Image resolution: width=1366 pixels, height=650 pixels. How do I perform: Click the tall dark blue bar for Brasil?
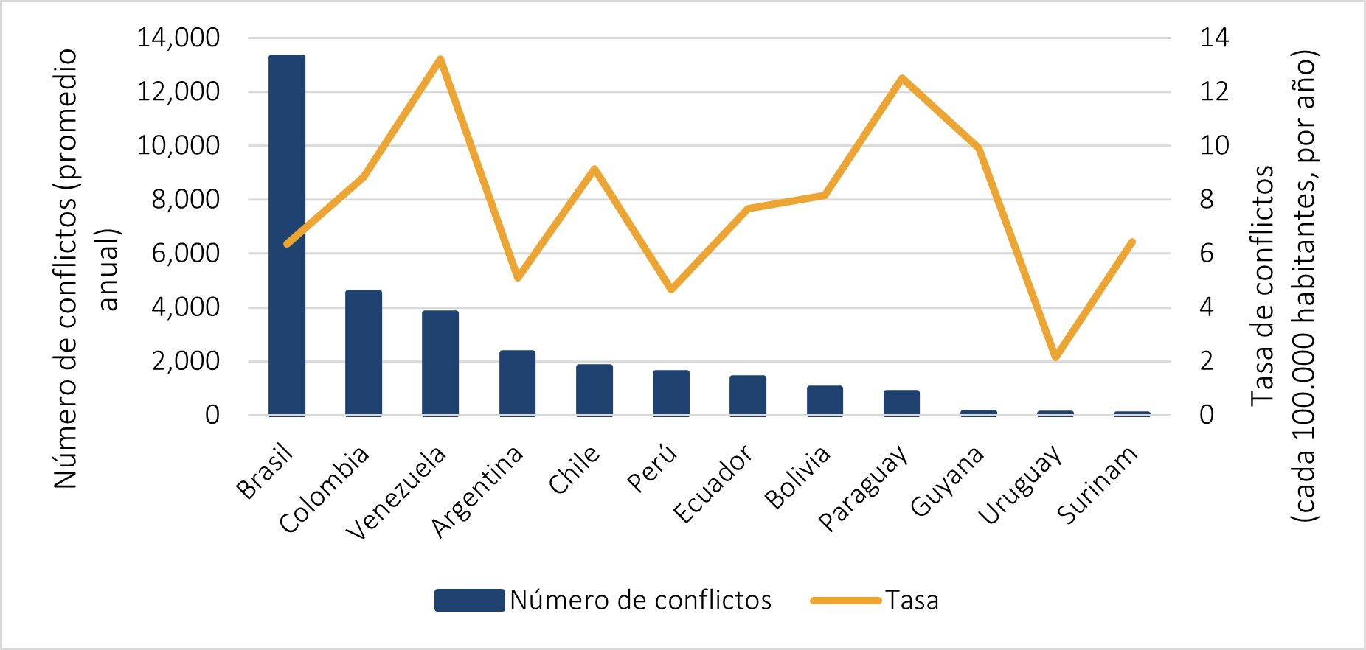pos(287,236)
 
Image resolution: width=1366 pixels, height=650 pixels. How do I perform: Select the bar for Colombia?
pos(364,353)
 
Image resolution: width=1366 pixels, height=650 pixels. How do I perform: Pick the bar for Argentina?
pos(517,383)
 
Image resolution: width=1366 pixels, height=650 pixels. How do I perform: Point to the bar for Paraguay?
pos(901,403)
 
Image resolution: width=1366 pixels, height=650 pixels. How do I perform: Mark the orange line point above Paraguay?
pos(901,78)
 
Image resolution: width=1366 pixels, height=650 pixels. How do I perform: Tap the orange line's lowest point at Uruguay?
pos(1055,357)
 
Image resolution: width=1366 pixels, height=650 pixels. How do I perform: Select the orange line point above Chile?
pos(594,170)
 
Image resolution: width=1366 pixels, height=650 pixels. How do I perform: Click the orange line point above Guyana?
pos(979,149)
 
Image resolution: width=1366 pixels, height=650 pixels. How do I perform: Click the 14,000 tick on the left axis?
pos(178,38)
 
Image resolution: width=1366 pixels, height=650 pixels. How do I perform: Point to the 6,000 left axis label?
pos(186,254)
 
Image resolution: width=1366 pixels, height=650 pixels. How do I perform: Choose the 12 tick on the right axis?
pos(1214,91)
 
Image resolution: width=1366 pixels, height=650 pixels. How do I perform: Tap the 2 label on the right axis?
pos(1207,361)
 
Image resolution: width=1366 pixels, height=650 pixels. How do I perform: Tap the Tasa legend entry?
pos(912,601)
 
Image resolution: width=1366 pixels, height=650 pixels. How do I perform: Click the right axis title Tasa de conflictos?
pos(1263,286)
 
